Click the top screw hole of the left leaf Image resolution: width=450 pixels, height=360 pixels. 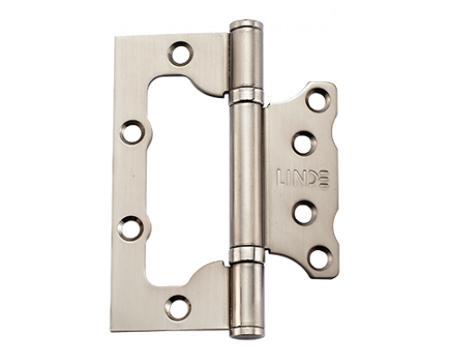pyautogui.click(x=180, y=53)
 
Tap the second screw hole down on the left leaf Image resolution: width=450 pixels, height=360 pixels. pyautogui.click(x=131, y=132)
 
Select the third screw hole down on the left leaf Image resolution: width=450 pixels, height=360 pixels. pyautogui.click(x=130, y=228)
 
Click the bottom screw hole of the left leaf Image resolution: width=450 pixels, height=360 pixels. pyautogui.click(x=178, y=308)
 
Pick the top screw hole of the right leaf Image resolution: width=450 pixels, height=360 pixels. pyautogui.click(x=318, y=99)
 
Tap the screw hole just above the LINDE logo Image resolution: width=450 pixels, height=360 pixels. pyautogui.click(x=304, y=143)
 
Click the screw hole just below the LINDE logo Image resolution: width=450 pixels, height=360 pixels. pyautogui.click(x=304, y=212)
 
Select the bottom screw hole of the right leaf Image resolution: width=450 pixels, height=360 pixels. pyautogui.click(x=320, y=257)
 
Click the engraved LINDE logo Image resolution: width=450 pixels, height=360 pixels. pyautogui.click(x=302, y=178)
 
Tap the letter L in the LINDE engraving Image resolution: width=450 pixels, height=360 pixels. pyautogui.click(x=281, y=178)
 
